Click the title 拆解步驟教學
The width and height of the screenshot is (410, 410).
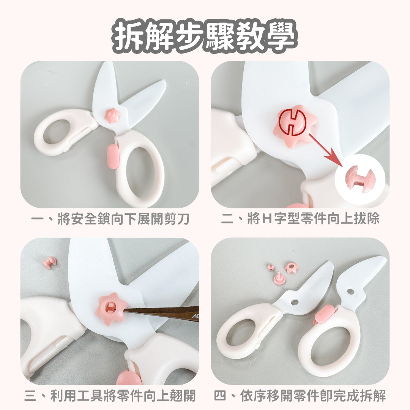205,37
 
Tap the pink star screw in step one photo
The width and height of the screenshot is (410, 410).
112,115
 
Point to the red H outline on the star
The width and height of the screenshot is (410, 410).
292,122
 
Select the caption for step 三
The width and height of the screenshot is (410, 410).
110,396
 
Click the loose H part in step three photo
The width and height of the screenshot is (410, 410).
49,262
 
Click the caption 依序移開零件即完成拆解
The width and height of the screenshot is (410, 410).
300,396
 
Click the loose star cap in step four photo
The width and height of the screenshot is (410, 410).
292,268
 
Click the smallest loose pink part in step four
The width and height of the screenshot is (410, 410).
271,267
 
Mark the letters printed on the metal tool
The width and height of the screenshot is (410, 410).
194,316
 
